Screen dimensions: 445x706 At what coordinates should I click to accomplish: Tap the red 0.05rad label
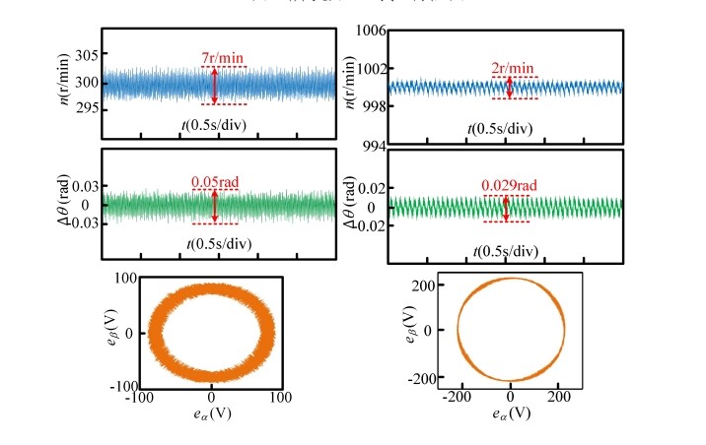click(214, 181)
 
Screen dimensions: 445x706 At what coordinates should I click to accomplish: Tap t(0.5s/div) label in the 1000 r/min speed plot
click(505, 128)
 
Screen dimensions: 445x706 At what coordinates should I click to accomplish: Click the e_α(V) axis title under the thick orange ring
click(213, 415)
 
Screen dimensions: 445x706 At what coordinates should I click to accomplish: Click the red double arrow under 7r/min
click(214, 86)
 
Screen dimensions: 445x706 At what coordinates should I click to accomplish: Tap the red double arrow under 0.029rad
click(506, 208)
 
